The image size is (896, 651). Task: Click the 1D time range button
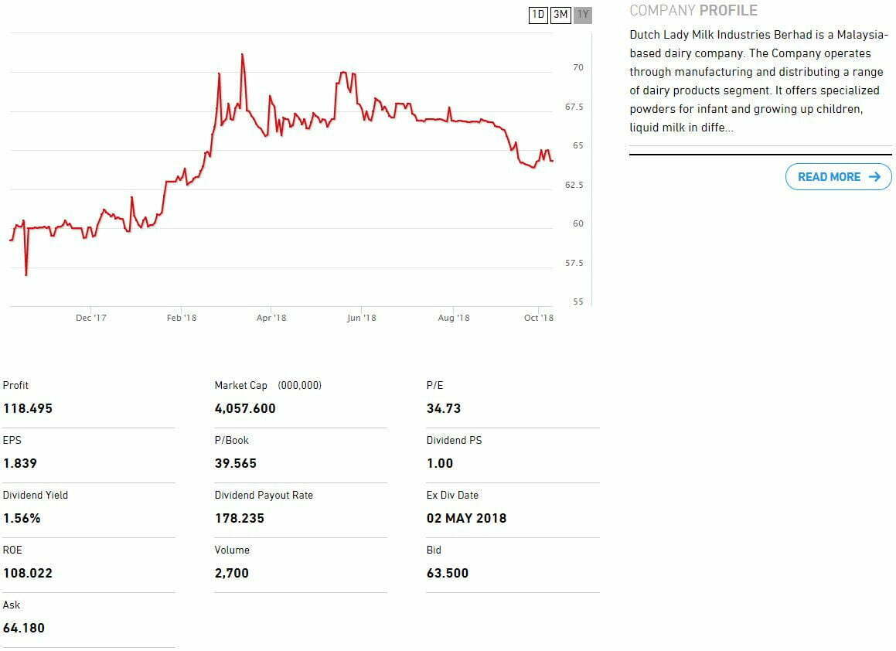[538, 15]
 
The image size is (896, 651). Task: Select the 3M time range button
[560, 15]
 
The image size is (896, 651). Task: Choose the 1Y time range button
[583, 15]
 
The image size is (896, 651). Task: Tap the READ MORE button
[838, 177]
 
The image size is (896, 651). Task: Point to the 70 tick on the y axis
[577, 68]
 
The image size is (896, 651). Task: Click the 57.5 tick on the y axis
[574, 264]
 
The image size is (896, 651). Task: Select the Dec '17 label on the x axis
[91, 318]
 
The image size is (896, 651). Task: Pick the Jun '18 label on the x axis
[361, 318]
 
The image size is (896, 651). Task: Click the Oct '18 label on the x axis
[539, 318]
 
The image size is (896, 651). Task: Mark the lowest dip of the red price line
[26, 274]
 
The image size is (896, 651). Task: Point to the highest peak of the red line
[242, 54]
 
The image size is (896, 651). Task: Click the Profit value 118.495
[28, 408]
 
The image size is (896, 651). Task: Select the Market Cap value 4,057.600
[245, 408]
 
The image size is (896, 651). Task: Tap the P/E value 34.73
[444, 408]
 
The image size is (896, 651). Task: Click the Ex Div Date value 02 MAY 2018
[466, 518]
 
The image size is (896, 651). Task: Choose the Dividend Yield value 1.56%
[22, 518]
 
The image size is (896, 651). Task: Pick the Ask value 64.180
[24, 628]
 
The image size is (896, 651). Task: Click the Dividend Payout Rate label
[264, 495]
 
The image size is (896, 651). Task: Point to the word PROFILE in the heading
[728, 11]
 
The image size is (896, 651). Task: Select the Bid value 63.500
[448, 573]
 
